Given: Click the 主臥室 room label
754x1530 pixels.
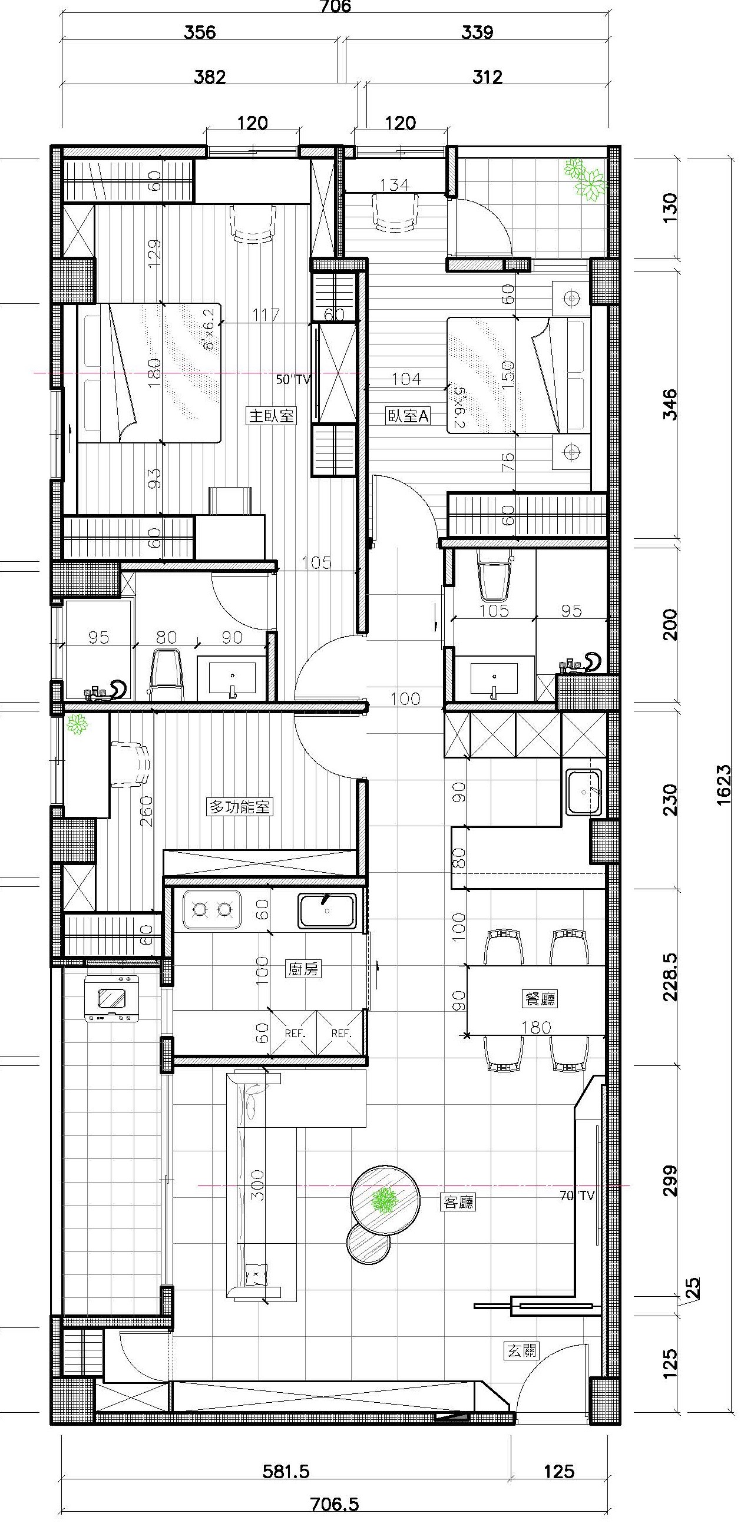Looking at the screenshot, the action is coord(271,415).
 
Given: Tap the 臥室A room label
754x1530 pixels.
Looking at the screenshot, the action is coord(408,416).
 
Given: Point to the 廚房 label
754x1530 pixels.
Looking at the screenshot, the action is coord(303,969).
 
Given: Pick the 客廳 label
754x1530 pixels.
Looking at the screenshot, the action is coord(458,1203).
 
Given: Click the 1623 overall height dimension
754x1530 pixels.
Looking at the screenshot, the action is coord(724,784).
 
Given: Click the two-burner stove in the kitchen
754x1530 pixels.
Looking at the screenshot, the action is coord(211,909).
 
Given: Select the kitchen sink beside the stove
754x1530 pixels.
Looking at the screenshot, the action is coord(328,910).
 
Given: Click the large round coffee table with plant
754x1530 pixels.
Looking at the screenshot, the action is coord(385,1198).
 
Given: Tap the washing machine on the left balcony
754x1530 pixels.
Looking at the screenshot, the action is coord(112,998).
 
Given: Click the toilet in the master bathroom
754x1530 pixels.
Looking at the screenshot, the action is coord(166,675).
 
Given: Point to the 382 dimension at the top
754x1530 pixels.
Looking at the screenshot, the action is coord(210,77).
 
